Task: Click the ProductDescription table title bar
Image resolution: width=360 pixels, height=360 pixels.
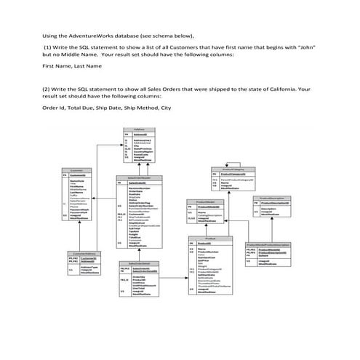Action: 273,197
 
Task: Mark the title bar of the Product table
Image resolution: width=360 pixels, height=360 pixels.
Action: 212,237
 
